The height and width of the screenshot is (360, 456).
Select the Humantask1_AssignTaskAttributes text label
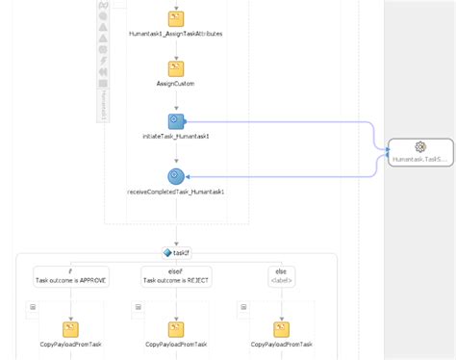(x=176, y=34)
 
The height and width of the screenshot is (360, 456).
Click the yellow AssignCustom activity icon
(x=176, y=68)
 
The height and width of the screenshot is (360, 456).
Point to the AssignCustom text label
(x=176, y=84)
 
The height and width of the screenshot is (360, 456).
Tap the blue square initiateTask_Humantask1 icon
(x=176, y=121)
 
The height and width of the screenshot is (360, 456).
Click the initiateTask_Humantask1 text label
(x=176, y=137)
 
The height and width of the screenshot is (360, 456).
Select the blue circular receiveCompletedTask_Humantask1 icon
(x=176, y=176)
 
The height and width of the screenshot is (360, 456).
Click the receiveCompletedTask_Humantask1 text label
(x=176, y=192)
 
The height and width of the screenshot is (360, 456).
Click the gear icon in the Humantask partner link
(x=419, y=146)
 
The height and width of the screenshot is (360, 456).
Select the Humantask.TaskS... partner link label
(x=419, y=159)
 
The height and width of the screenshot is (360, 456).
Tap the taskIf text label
(x=181, y=252)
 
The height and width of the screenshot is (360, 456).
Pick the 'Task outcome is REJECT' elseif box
(x=175, y=275)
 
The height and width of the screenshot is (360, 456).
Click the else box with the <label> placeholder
(x=282, y=275)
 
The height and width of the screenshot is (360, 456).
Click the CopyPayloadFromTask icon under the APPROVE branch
(x=70, y=328)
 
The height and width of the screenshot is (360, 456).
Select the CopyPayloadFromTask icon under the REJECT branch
(x=176, y=328)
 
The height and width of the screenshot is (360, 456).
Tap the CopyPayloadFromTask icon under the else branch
(x=282, y=328)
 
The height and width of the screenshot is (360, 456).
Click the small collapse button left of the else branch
(x=244, y=307)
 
